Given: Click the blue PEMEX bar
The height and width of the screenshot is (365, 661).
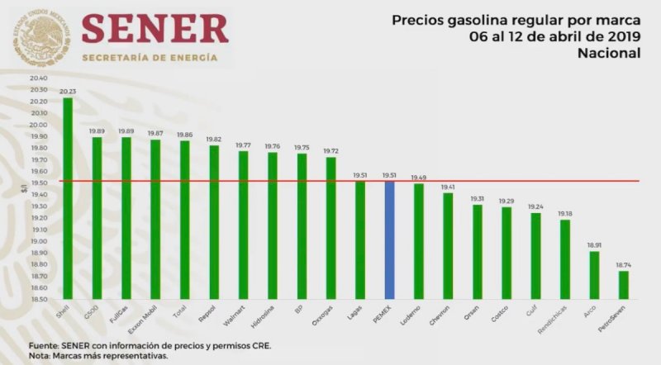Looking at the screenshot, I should pyautogui.click(x=389, y=240).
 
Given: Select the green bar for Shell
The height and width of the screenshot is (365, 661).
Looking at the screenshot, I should pyautogui.click(x=68, y=198).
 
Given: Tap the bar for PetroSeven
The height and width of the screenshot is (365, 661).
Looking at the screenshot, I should pyautogui.click(x=623, y=285).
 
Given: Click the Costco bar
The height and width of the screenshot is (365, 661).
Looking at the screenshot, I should pyautogui.click(x=506, y=253).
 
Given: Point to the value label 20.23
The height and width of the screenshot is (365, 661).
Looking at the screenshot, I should pyautogui.click(x=68, y=92).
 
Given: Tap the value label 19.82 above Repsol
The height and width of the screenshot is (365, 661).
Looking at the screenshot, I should pyautogui.click(x=214, y=139).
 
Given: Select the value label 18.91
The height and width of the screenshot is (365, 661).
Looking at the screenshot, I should pyautogui.click(x=594, y=245).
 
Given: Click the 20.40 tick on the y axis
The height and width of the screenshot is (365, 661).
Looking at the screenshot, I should pyautogui.click(x=38, y=78).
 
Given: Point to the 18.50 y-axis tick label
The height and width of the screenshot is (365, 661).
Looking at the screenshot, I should pyautogui.click(x=38, y=300).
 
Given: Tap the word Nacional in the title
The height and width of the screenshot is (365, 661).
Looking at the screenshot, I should pyautogui.click(x=610, y=53).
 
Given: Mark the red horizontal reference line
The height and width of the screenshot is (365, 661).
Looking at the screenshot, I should pyautogui.click(x=330, y=181).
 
